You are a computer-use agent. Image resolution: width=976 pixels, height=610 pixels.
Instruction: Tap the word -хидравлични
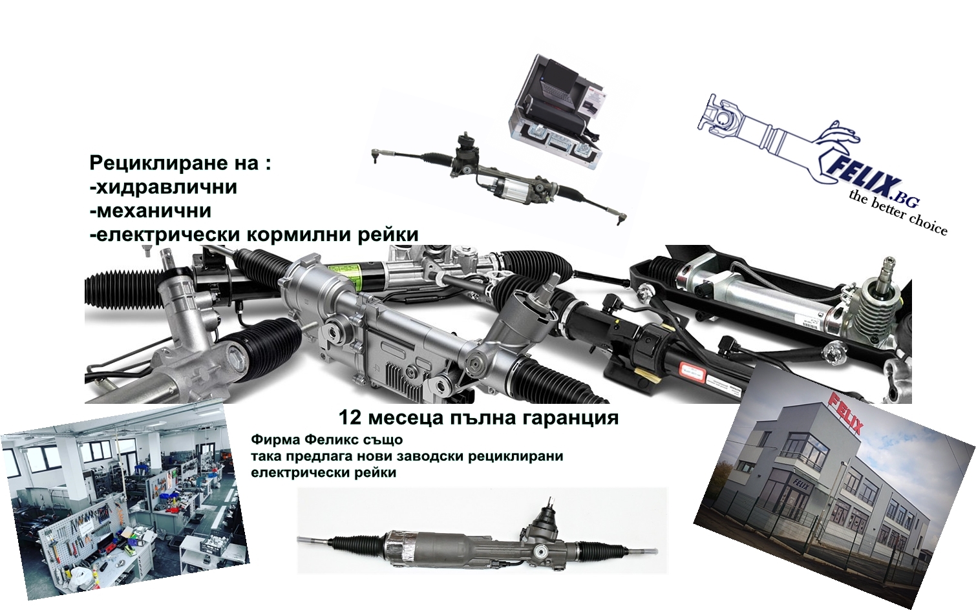[x=164, y=187]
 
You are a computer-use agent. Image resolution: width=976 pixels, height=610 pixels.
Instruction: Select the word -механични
[x=151, y=211]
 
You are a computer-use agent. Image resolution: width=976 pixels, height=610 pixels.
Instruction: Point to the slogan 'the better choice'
[x=898, y=213]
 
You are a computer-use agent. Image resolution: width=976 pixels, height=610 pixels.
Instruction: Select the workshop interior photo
[x=123, y=500]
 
